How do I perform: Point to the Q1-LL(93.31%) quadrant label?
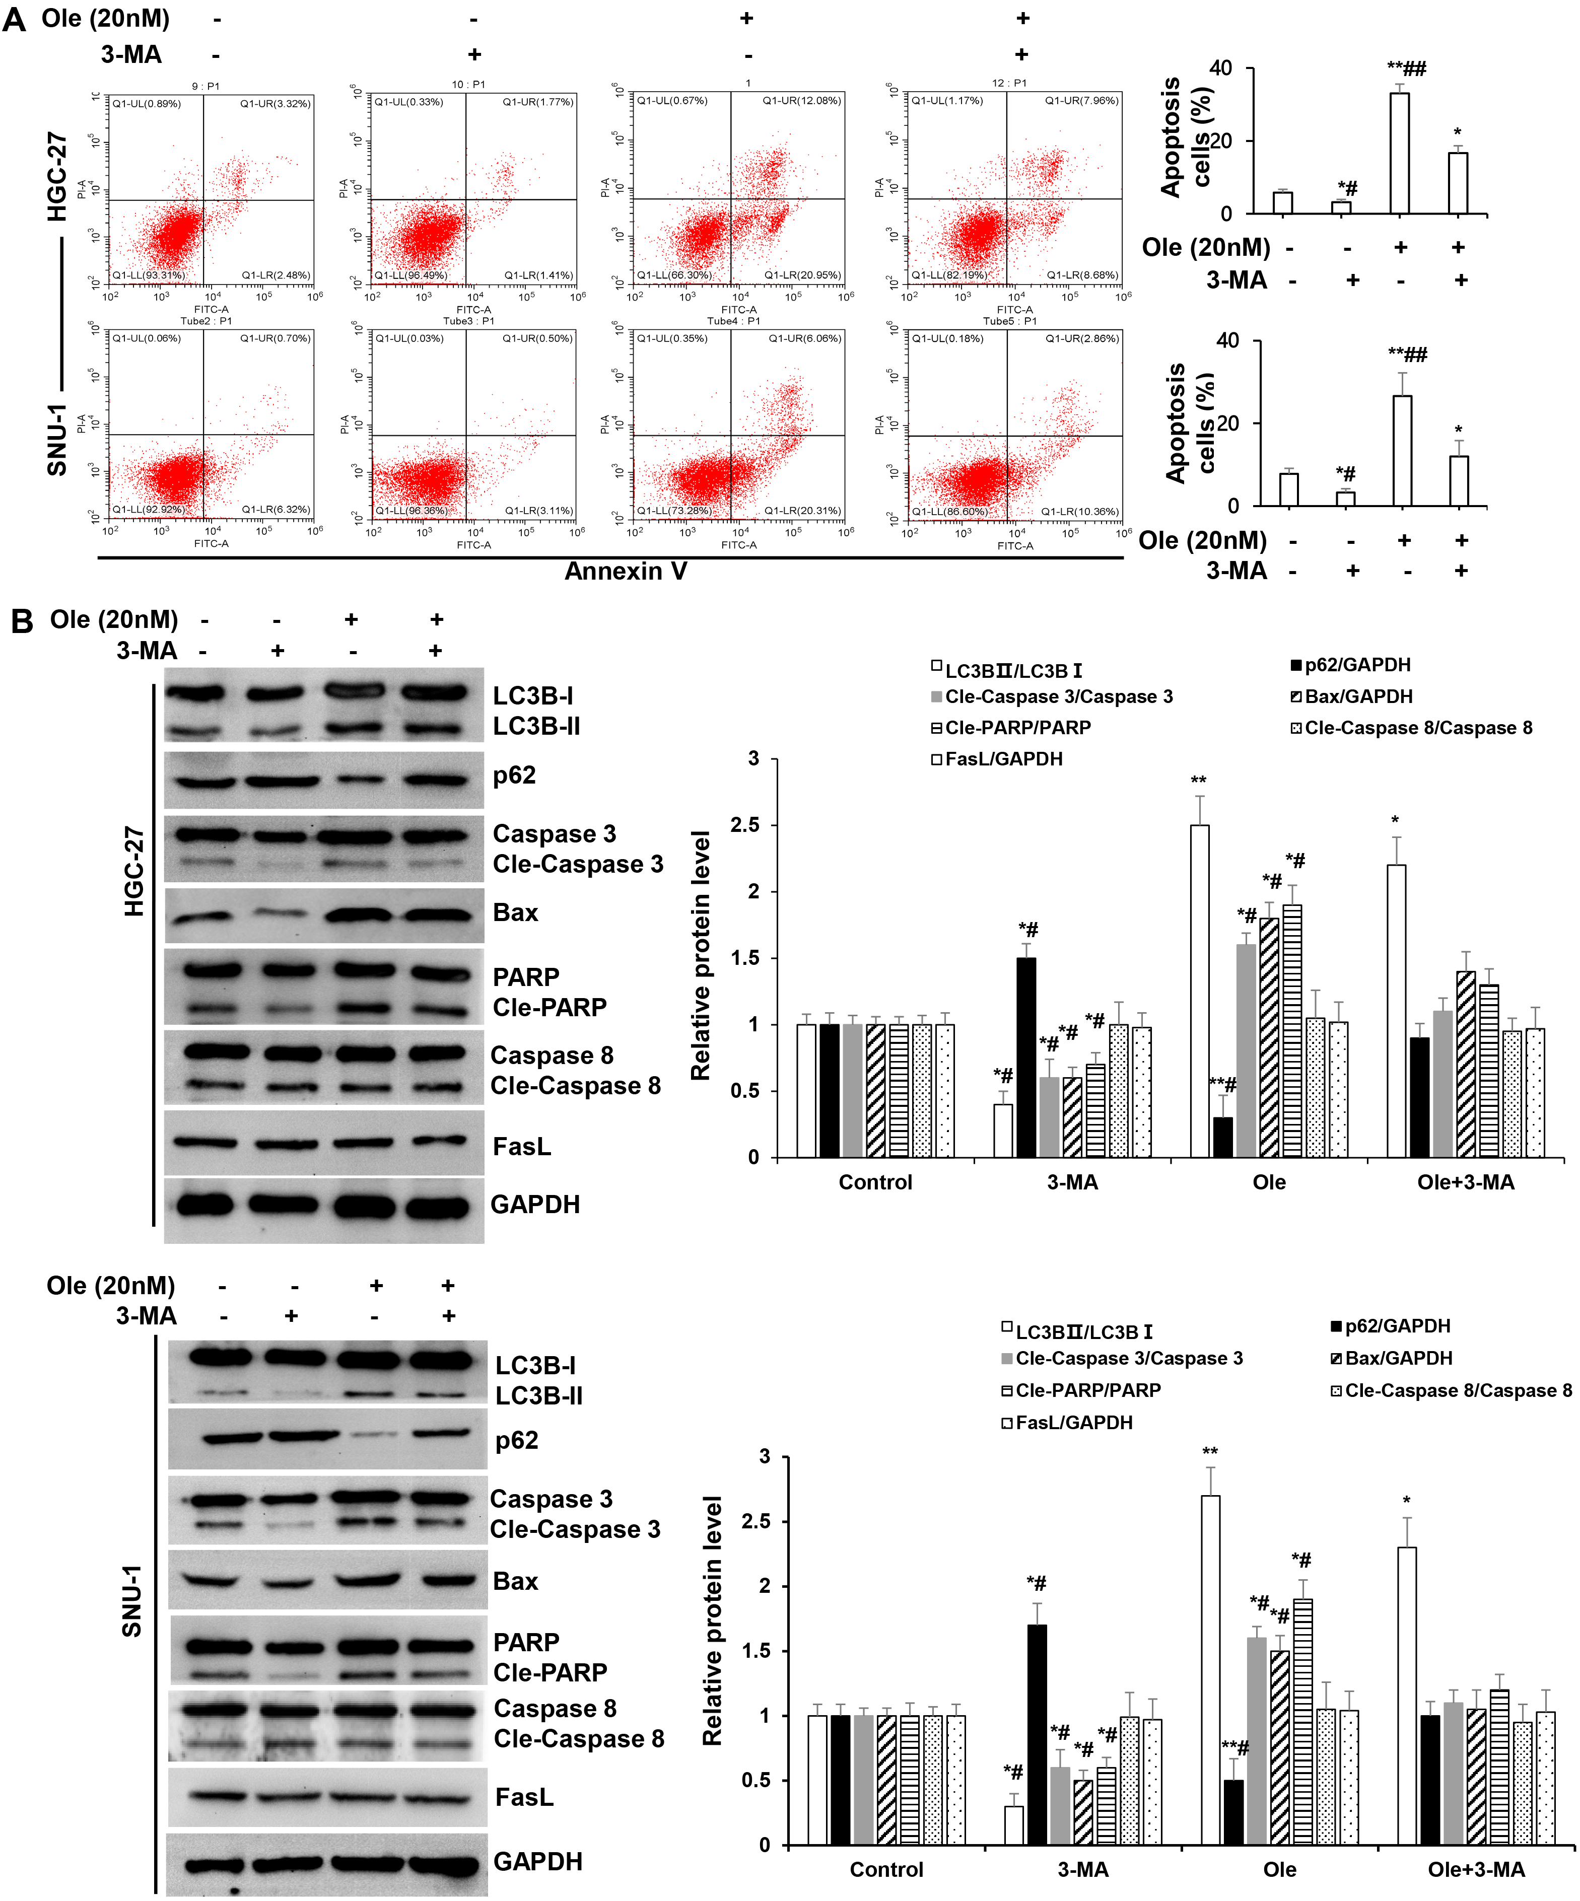[148, 275]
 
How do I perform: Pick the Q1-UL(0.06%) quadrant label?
[146, 338]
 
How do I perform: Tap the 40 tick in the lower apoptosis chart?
[1228, 340]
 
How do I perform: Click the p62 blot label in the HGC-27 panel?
[513, 776]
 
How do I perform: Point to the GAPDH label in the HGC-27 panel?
[534, 1205]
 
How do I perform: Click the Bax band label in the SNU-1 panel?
[515, 1581]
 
